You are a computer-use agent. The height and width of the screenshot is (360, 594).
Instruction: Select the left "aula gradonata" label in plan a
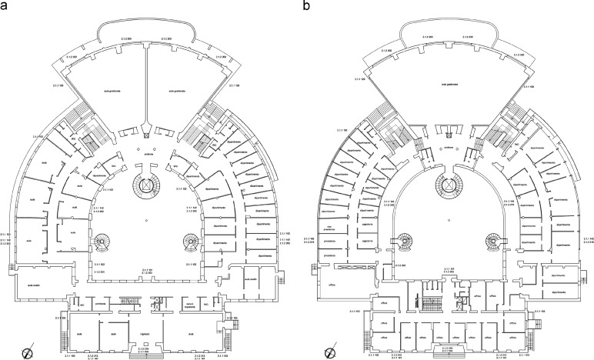coord(113,91)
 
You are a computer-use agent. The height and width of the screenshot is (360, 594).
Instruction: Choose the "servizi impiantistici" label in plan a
coord(182,306)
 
